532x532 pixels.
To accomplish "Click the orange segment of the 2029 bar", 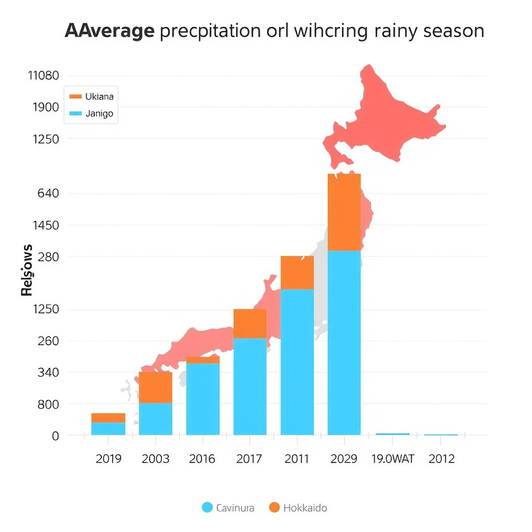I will pos(344,212).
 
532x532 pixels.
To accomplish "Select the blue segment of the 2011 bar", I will pos(297,362).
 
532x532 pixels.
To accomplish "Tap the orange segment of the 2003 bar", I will pos(155,387).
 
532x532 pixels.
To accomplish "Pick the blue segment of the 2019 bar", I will pos(108,429).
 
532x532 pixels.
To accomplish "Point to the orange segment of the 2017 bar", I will pos(250,323).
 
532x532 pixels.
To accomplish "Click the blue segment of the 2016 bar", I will pos(203,398).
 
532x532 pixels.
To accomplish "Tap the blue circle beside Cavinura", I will pos(207,508).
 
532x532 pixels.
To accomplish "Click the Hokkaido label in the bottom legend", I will pos(305,508).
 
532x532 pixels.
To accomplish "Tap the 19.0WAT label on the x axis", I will pos(392,459).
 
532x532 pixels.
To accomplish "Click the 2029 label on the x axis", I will pos(344,459).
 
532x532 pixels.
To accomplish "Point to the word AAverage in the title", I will pos(110,31).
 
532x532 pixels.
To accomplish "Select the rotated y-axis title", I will pos(27,270).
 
